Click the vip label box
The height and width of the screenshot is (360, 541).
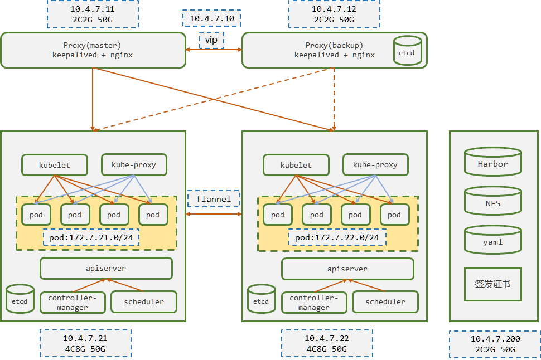[x=211, y=41]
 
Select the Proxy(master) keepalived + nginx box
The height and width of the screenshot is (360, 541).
[x=93, y=50]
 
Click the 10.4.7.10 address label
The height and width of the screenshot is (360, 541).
[x=211, y=18]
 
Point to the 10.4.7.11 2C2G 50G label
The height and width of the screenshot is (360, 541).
[x=93, y=14]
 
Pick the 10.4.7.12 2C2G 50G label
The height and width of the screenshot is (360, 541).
[x=334, y=14]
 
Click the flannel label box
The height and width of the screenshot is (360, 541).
[x=213, y=199]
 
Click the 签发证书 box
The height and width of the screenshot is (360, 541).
[x=492, y=284]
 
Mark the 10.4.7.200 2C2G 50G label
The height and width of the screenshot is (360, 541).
[x=495, y=344]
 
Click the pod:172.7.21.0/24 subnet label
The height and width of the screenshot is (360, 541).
[x=91, y=237]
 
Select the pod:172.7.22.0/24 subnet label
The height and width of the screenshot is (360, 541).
[x=337, y=237]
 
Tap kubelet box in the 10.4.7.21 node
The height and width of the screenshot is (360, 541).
[x=55, y=165]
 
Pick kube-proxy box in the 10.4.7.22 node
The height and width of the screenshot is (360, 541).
[x=375, y=165]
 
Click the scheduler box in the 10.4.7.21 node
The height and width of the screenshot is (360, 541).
[x=143, y=301]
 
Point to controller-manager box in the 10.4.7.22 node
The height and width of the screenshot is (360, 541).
[x=313, y=302]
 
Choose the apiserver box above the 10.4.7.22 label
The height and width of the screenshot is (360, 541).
[x=347, y=269]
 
